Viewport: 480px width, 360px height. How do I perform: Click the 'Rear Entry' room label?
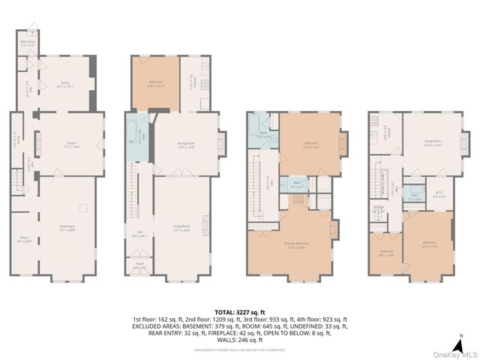[26, 43]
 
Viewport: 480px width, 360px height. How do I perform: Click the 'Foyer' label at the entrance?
[139, 265]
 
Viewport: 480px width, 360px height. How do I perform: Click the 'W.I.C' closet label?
[440, 196]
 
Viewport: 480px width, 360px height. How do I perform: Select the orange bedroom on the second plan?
[155, 84]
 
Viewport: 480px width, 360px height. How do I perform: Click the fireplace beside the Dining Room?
[221, 143]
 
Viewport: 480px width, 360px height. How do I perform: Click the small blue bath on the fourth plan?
[415, 196]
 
